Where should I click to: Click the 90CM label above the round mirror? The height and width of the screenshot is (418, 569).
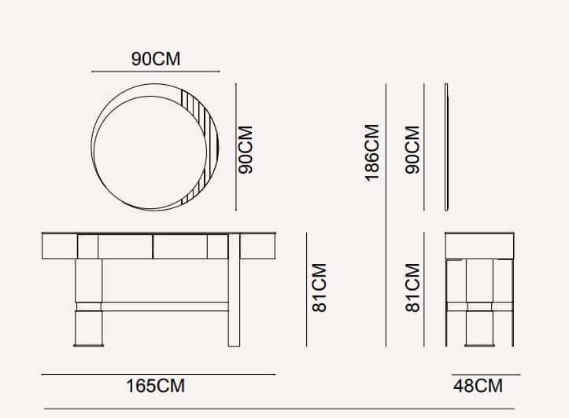tap(156, 59)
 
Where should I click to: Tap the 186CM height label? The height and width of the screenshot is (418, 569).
tap(372, 152)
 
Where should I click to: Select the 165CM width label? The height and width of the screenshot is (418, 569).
tap(155, 386)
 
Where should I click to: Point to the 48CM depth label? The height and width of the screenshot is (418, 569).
tap(478, 386)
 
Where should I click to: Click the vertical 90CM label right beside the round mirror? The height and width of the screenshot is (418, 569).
tap(246, 149)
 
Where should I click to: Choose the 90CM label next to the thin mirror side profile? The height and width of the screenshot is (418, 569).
tap(412, 149)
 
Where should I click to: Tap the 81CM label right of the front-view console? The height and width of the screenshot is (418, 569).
tap(320, 288)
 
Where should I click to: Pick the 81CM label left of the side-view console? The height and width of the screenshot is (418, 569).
tap(412, 288)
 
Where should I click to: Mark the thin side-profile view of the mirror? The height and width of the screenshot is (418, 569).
tap(446, 147)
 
